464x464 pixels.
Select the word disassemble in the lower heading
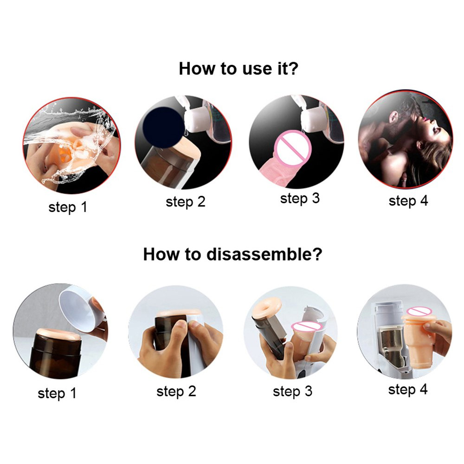[264, 254]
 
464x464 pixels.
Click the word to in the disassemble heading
[193, 254]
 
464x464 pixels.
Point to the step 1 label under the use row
[68, 207]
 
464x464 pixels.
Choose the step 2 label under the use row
[186, 202]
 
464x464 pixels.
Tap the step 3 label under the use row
[300, 198]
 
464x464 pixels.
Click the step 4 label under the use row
[408, 201]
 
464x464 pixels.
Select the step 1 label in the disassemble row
[57, 393]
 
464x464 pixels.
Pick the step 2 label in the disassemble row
[176, 391]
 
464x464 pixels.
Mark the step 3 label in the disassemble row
[292, 391]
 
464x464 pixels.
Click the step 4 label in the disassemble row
[408, 389]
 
